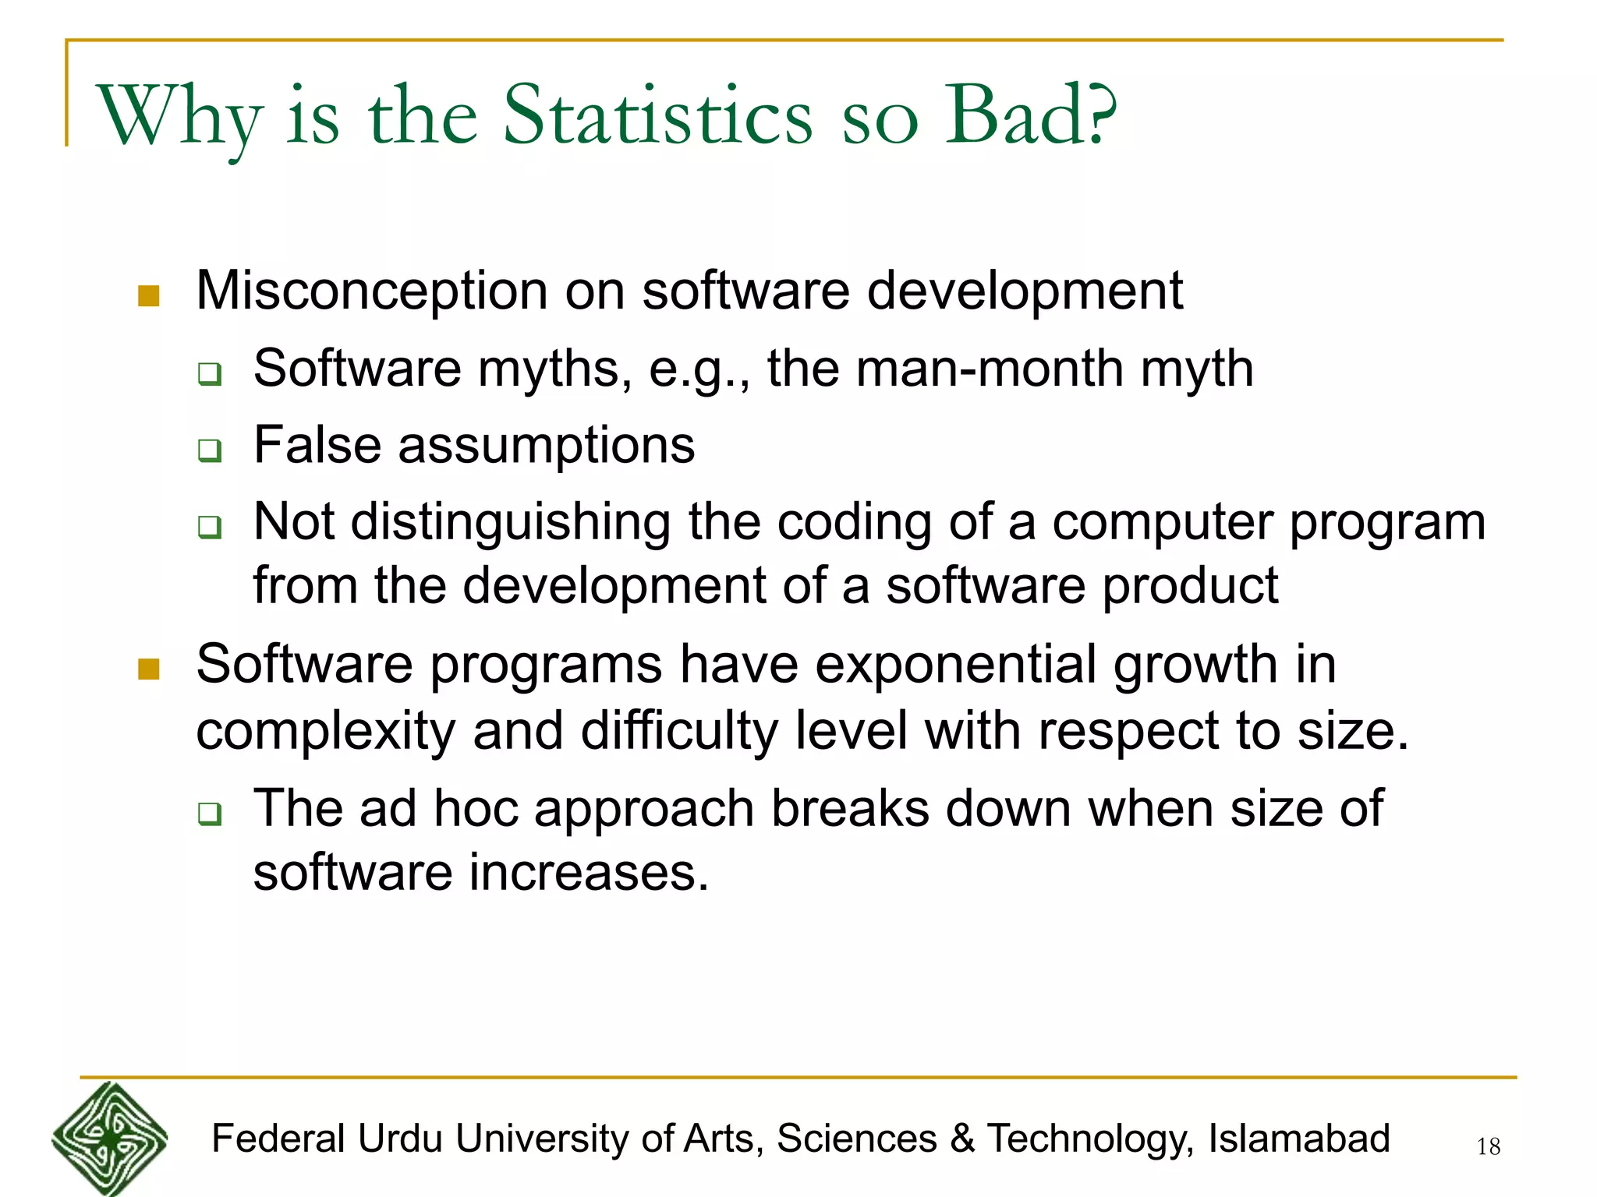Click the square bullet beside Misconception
pyautogui.click(x=148, y=296)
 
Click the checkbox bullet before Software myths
pyautogui.click(x=209, y=374)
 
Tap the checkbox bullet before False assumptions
pyautogui.click(x=209, y=450)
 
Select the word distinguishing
pyautogui.click(x=510, y=523)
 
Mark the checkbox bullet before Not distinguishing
pyautogui.click(x=209, y=528)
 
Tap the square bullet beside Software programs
pyautogui.click(x=148, y=669)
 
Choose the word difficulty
pyautogui.click(x=678, y=732)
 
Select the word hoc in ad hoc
pyautogui.click(x=476, y=808)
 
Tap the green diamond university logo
pyautogui.click(x=110, y=1139)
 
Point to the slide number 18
pyautogui.click(x=1488, y=1146)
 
